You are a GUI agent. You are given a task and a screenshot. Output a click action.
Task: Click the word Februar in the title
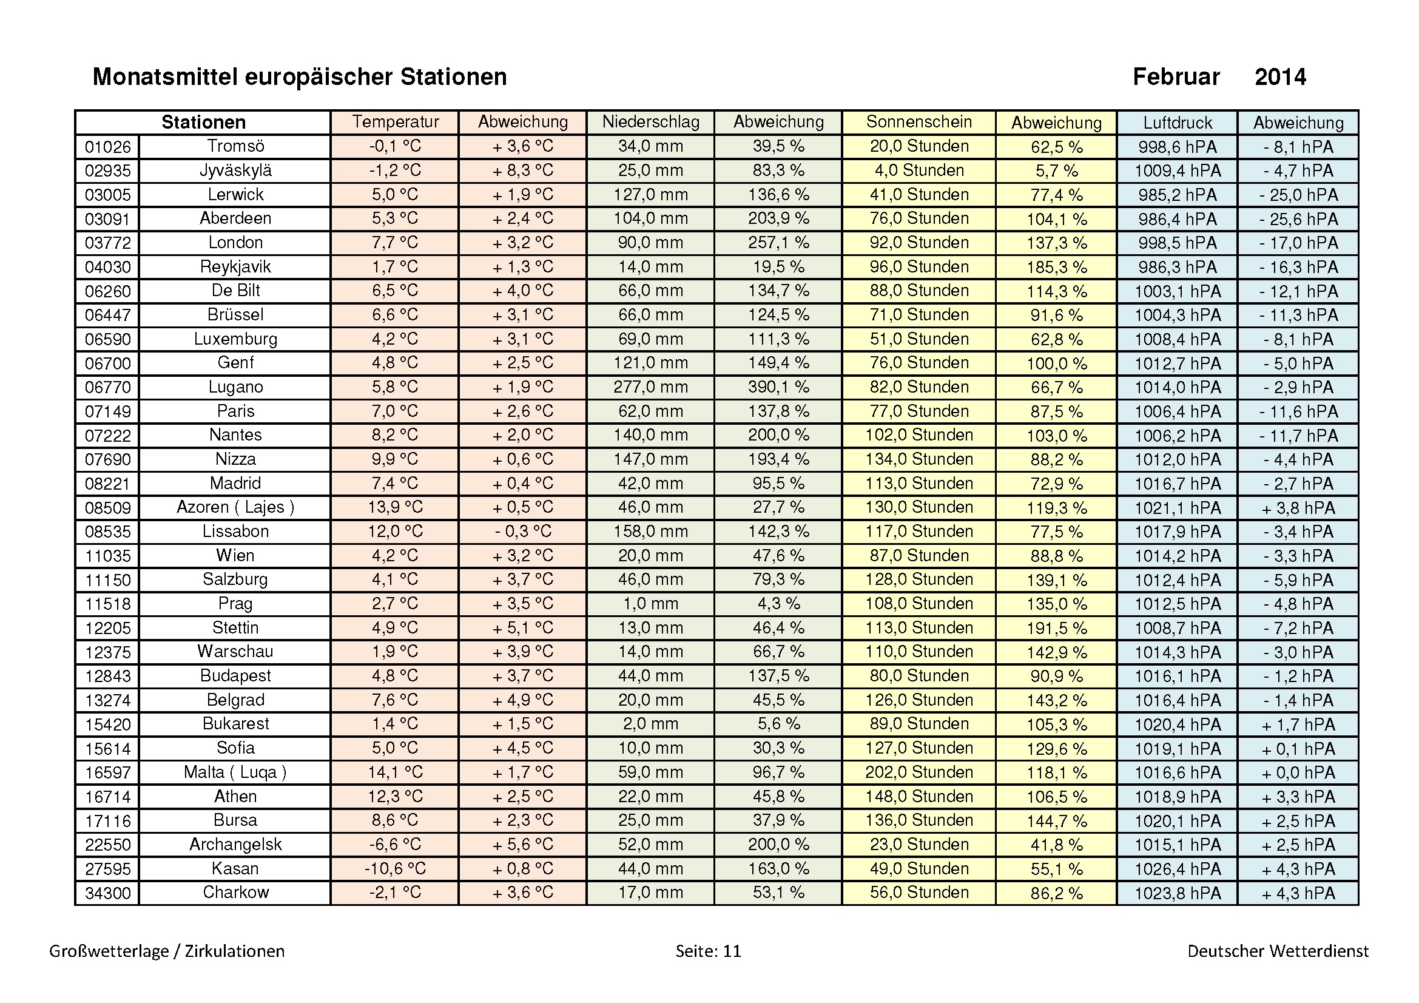pos(1176,76)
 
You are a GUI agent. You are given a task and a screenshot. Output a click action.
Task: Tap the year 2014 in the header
pos(1280,76)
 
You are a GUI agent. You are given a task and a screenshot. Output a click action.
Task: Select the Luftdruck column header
pos(1177,123)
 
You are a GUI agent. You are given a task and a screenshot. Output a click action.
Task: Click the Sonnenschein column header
pos(918,122)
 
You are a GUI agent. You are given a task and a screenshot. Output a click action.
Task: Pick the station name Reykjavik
pos(235,266)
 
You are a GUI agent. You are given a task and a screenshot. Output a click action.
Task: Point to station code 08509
pos(107,507)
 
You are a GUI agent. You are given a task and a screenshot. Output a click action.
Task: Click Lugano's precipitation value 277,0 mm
pos(650,387)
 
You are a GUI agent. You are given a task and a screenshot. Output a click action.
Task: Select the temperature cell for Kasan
pos(395,868)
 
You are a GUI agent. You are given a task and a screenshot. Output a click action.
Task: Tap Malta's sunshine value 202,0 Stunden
pos(918,772)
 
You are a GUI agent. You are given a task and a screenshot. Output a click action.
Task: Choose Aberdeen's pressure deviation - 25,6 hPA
pos(1298,219)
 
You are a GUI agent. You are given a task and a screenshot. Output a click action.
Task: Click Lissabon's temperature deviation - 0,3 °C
pos(522,531)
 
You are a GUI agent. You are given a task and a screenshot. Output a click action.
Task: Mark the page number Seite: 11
pos(707,950)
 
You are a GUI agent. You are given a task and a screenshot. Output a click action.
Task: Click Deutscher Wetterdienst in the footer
pos(1278,950)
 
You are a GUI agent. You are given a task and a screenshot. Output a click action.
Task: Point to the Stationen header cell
pos(203,123)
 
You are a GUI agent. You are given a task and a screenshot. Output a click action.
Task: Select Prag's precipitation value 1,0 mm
pos(650,603)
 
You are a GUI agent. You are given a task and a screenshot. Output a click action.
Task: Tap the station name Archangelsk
pos(235,844)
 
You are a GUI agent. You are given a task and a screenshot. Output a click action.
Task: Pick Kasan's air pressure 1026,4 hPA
pos(1177,868)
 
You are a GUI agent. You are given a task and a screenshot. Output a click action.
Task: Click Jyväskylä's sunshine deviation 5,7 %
pos(1056,171)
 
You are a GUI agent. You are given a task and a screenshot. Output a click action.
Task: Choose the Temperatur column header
pos(395,122)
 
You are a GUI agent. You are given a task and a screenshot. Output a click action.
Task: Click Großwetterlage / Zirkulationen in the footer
pos(167,950)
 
